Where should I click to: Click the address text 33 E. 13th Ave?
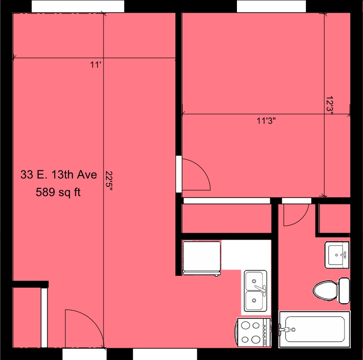click(59, 175)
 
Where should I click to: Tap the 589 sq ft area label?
click(58, 192)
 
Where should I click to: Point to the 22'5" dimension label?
click(109, 181)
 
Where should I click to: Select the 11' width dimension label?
click(96, 65)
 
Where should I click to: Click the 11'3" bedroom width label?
click(266, 121)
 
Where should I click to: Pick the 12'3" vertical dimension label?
click(329, 106)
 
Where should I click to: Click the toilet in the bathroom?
click(331, 291)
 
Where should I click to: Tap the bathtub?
click(315, 329)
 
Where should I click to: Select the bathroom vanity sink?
click(337, 255)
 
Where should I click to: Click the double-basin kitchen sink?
click(256, 291)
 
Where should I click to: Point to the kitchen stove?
click(253, 333)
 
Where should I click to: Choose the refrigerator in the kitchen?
click(202, 258)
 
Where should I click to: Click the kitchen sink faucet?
click(260, 289)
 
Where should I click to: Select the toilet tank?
click(344, 291)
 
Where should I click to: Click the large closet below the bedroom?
click(226, 218)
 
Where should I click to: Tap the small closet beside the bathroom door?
click(334, 218)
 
